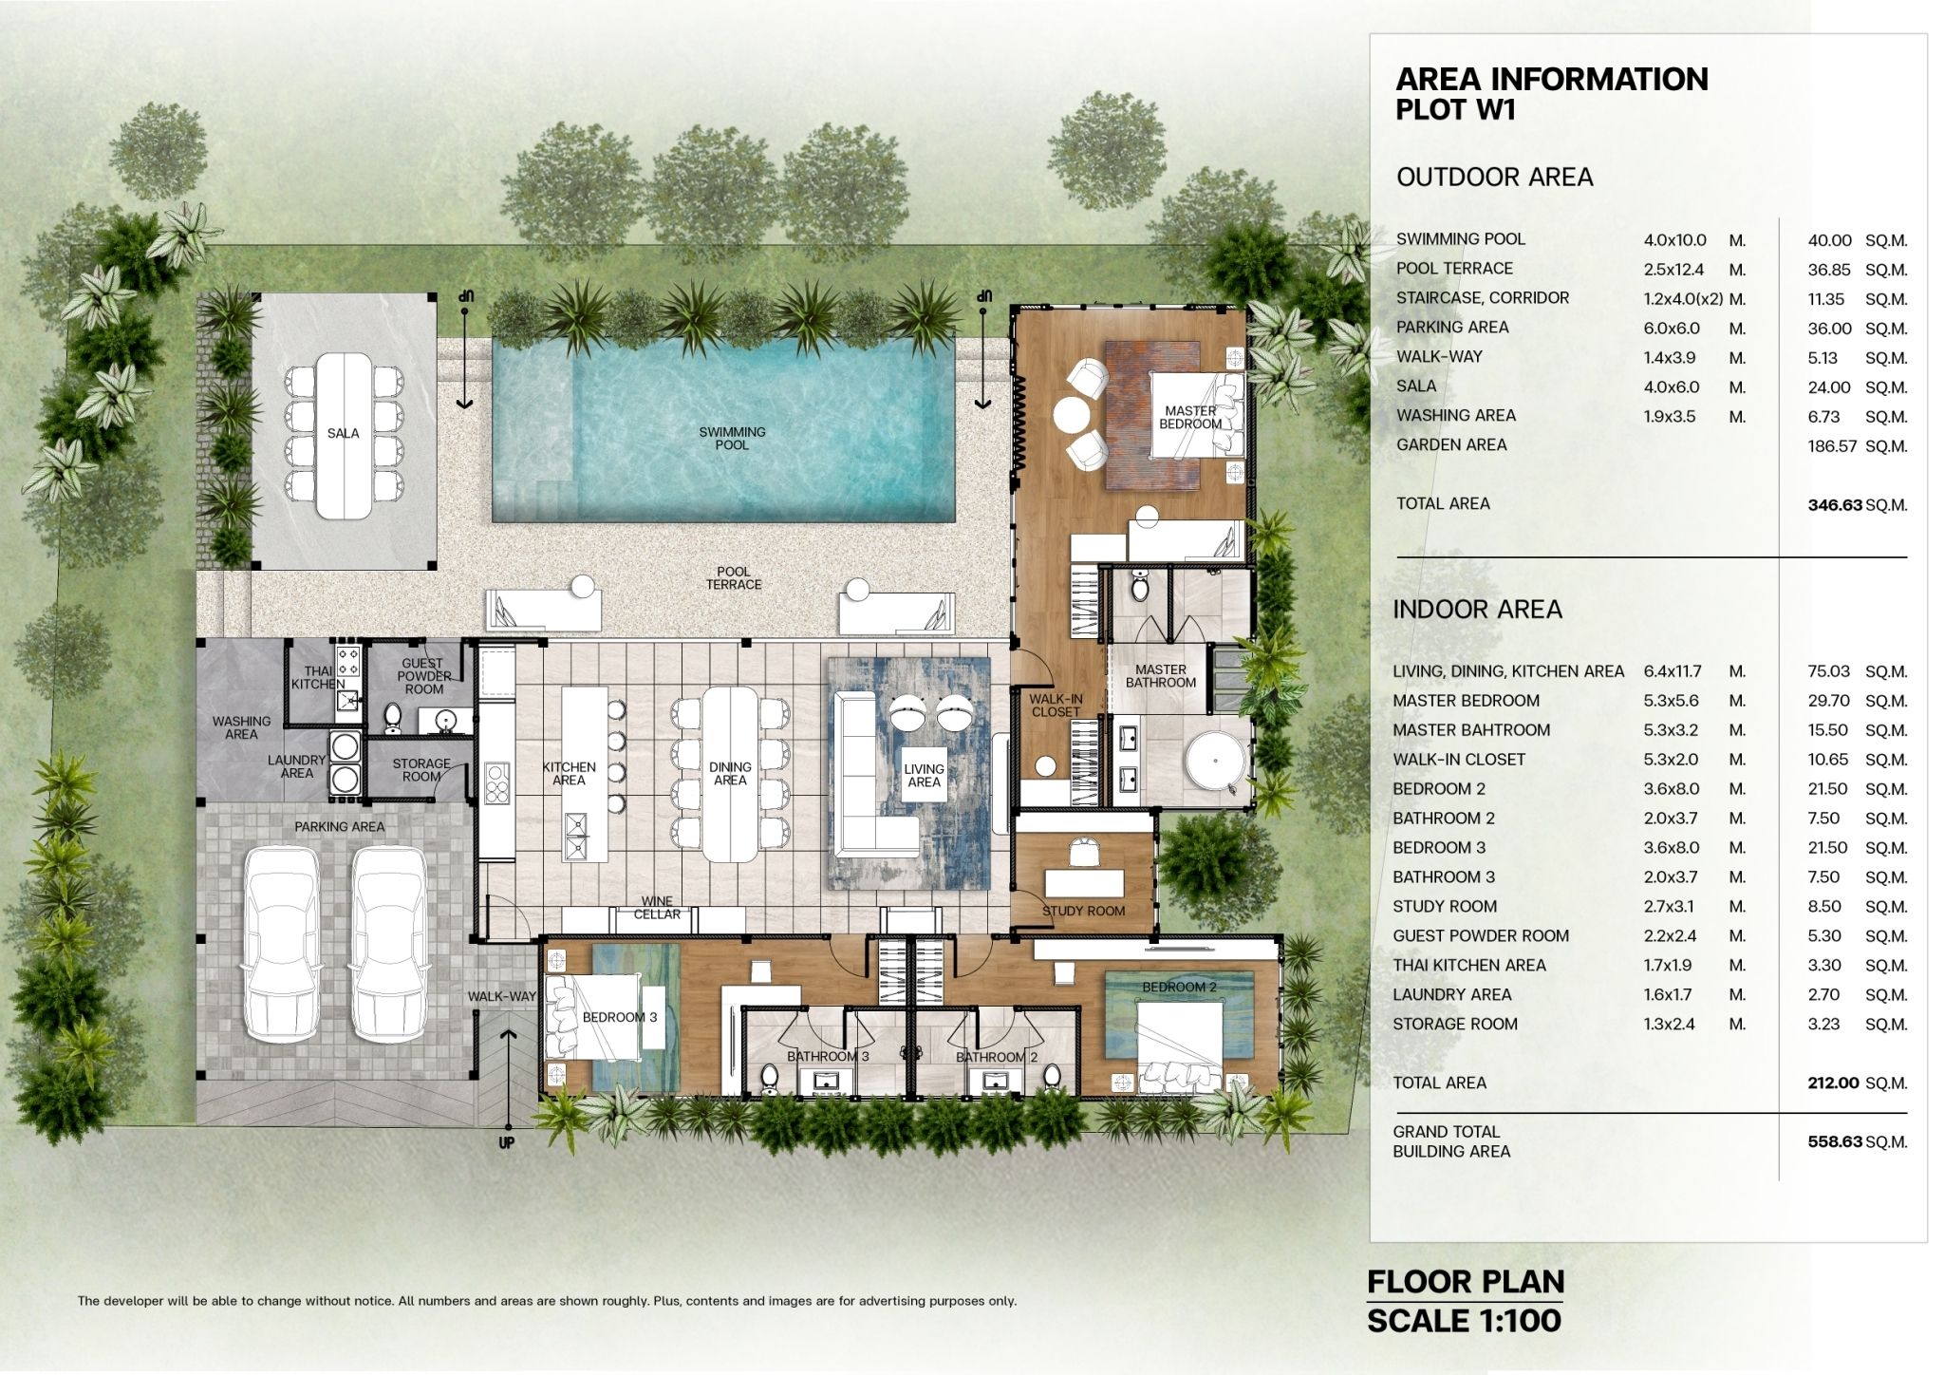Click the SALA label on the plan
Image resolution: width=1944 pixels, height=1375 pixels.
click(343, 433)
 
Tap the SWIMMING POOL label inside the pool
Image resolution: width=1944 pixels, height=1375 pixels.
click(732, 438)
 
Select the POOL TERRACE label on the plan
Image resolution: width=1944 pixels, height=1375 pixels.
click(733, 578)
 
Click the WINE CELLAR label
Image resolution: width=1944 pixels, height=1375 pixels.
click(657, 908)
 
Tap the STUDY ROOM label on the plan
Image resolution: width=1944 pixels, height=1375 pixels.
click(1083, 911)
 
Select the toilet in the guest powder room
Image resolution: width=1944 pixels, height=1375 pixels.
click(392, 718)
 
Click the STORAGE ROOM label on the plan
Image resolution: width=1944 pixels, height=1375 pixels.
click(421, 770)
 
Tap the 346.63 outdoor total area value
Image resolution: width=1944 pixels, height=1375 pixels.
click(1835, 505)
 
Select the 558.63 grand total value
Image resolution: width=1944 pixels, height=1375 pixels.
click(1835, 1141)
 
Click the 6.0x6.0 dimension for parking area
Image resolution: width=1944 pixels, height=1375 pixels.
click(1672, 329)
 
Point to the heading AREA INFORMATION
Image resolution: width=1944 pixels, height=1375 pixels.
click(1552, 79)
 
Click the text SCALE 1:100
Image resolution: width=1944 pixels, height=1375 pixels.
click(1464, 1321)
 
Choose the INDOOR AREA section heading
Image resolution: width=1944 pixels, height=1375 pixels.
click(1477, 609)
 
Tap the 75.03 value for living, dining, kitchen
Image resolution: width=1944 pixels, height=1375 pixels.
click(1829, 671)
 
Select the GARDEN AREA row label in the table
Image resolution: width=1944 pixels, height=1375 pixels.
click(1451, 444)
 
